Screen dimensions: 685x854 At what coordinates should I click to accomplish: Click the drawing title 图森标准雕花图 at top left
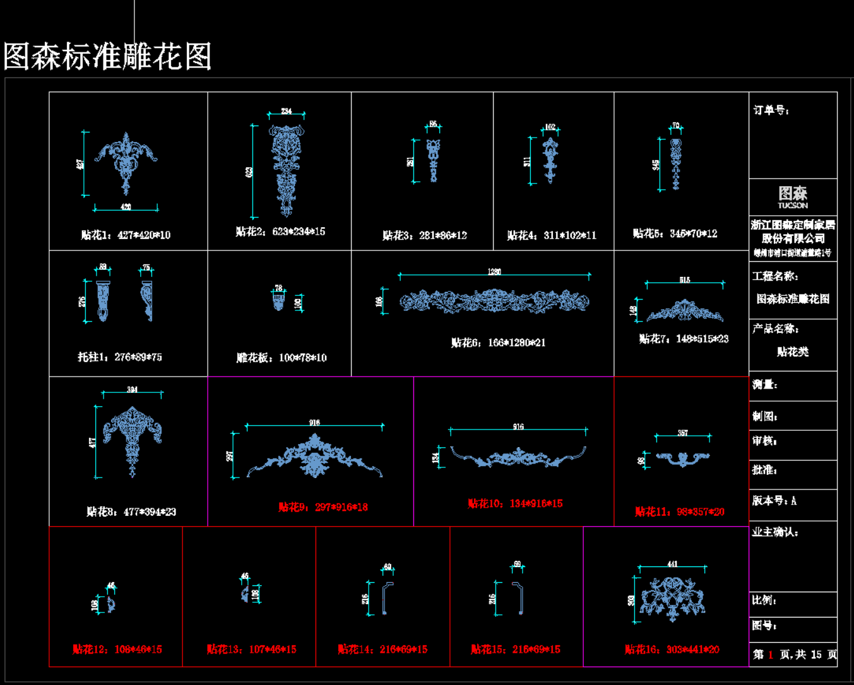(x=107, y=57)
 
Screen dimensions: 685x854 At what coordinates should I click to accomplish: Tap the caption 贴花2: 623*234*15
(x=280, y=232)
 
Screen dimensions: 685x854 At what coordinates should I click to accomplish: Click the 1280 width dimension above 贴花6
(x=494, y=272)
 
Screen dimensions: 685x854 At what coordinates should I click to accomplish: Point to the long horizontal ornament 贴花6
(x=495, y=302)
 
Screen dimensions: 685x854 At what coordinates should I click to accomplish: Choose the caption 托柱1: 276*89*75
(x=120, y=357)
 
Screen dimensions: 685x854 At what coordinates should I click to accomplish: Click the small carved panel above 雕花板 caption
(x=278, y=302)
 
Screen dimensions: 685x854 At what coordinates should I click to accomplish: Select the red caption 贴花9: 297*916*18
(x=323, y=507)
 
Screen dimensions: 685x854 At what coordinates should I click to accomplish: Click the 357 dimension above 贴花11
(x=683, y=433)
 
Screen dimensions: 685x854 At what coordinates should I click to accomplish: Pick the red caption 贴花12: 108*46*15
(x=117, y=649)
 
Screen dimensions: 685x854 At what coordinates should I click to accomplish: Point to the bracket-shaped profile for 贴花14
(x=387, y=597)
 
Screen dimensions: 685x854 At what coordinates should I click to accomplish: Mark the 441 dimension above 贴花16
(x=672, y=564)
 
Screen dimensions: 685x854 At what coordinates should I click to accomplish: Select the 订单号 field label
(x=771, y=110)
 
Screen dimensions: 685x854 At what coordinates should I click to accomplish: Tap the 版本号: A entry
(x=774, y=501)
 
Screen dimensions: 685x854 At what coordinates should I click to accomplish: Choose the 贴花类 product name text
(x=793, y=352)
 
